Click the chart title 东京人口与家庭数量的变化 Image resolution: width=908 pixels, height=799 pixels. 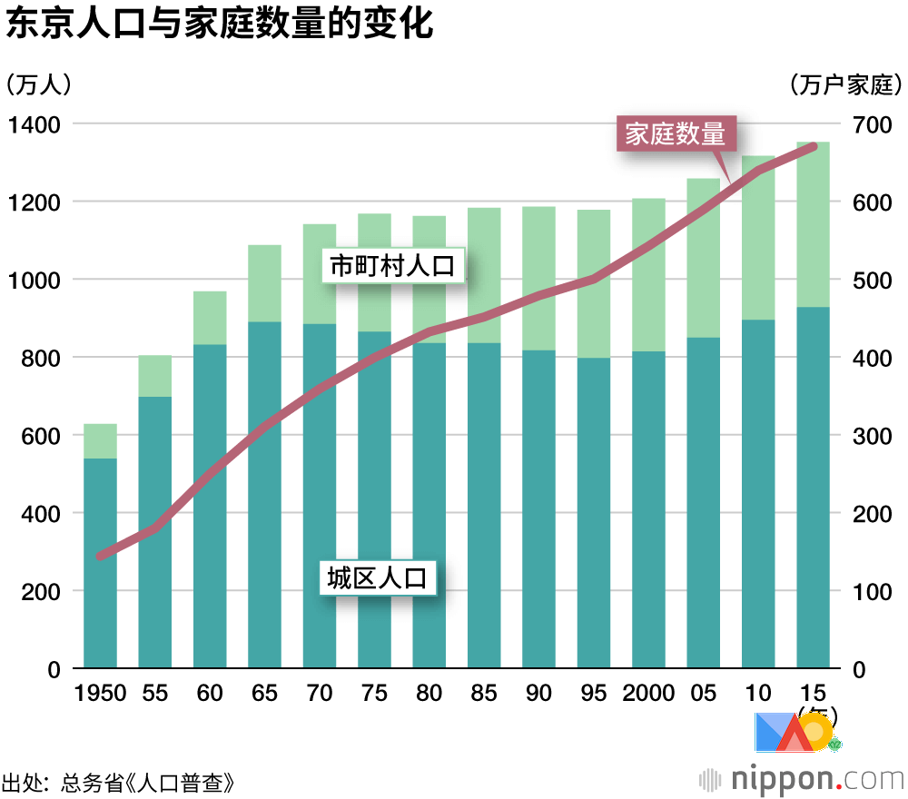tap(220, 25)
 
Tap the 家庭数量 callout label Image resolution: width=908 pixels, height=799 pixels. tap(676, 135)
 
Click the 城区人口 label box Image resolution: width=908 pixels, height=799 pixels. tap(377, 577)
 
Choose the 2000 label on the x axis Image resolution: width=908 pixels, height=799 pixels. tap(648, 694)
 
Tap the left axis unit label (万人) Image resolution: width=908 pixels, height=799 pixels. tap(38, 85)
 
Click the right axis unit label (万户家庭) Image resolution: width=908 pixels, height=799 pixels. tap(845, 85)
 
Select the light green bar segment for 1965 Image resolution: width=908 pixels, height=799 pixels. tap(264, 283)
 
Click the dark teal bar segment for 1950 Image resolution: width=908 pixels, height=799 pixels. tap(101, 563)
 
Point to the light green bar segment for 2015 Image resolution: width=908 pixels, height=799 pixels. tap(813, 224)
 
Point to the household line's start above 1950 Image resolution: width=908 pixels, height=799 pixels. tap(101, 556)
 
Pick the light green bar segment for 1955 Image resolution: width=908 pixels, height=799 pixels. tap(155, 376)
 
